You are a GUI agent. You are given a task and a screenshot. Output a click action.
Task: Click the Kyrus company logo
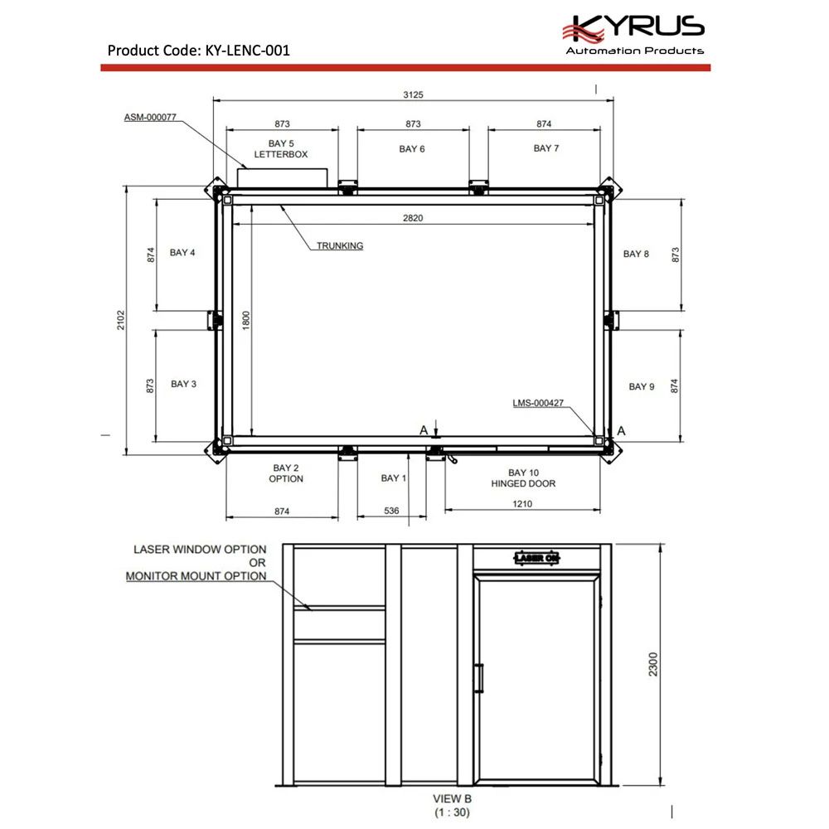coord(634,34)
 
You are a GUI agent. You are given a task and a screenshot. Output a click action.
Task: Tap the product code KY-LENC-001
coord(247,51)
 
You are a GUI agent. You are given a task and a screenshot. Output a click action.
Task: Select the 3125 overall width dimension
coord(413,95)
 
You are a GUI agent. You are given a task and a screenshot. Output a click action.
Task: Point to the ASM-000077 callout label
coord(150,118)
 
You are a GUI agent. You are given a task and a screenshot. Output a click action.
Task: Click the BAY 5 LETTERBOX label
coord(281,148)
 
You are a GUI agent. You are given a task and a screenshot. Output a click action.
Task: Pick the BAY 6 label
coord(412,149)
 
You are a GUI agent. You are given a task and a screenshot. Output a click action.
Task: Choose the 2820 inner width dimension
coord(413,218)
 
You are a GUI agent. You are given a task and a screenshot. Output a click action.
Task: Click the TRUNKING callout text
coord(340,246)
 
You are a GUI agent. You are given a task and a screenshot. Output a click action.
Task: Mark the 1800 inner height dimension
coord(246,320)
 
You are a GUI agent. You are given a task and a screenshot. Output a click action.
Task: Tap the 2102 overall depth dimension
coord(121,320)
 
